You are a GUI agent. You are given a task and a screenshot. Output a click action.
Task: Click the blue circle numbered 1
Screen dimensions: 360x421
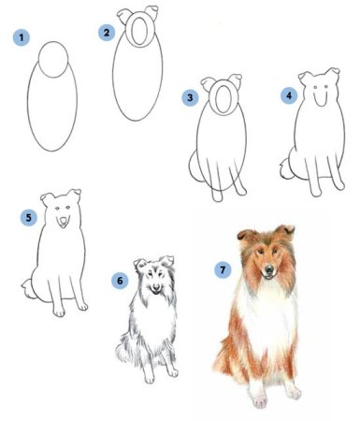click(x=22, y=37)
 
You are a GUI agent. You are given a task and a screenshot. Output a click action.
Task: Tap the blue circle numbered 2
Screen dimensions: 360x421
click(x=107, y=33)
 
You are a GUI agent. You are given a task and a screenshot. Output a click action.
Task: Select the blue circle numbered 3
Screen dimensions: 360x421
click(x=190, y=97)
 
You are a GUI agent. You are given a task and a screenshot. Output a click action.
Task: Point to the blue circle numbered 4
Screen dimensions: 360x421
click(x=289, y=95)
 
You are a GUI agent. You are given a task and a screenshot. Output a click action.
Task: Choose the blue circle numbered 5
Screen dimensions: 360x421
click(x=29, y=217)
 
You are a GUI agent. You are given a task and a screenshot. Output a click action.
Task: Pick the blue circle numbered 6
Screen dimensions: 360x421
click(x=120, y=281)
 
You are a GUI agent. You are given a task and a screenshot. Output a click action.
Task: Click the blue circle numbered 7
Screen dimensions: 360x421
click(x=223, y=269)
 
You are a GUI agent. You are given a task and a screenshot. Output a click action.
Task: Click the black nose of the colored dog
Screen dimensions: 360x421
click(x=268, y=269)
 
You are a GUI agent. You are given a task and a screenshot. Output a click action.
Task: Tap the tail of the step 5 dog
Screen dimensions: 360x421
click(x=27, y=288)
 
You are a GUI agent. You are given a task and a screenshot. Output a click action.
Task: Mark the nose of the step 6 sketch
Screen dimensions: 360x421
click(x=155, y=286)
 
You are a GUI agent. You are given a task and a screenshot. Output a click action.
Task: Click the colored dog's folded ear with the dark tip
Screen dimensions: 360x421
click(x=287, y=231)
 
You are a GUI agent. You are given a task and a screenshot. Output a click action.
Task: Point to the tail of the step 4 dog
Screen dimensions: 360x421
click(x=285, y=168)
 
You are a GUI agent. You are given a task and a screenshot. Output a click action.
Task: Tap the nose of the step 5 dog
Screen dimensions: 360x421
click(x=64, y=221)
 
